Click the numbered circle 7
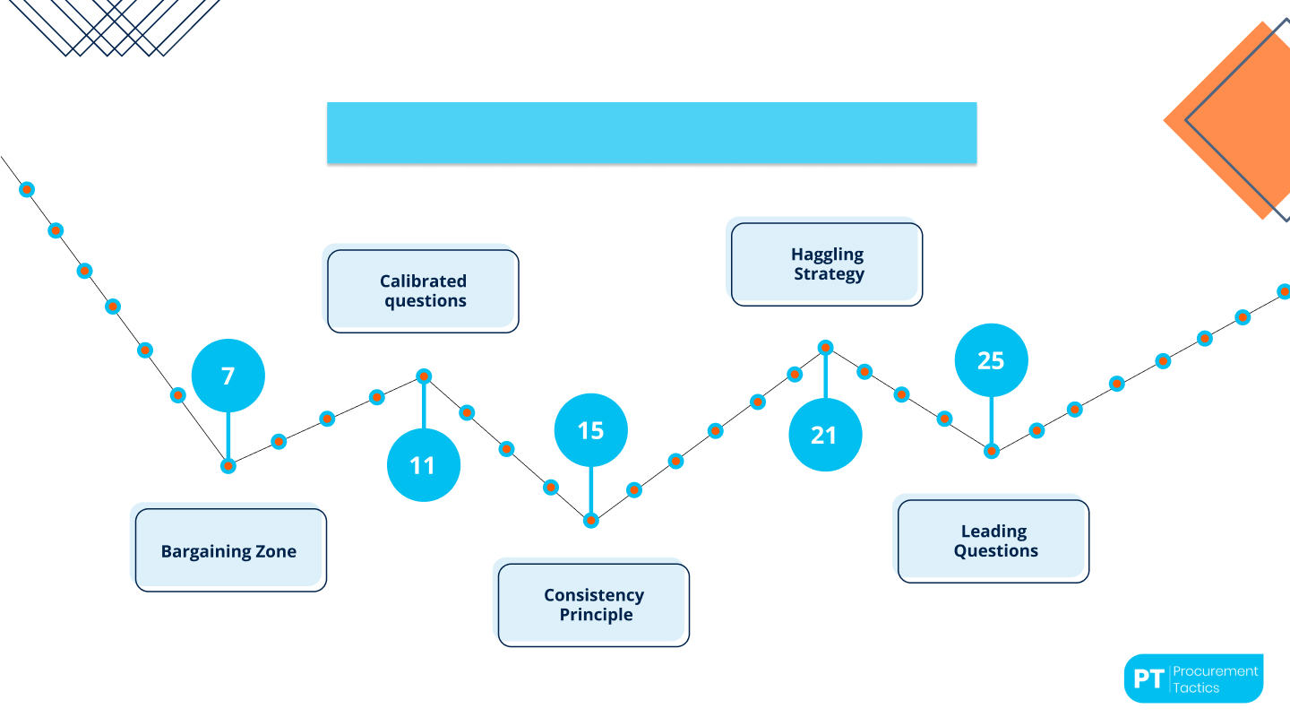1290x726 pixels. coord(228,376)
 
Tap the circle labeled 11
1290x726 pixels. coord(423,465)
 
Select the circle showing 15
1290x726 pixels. coord(591,430)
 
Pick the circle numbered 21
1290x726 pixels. coord(825,435)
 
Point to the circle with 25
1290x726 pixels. coord(991,360)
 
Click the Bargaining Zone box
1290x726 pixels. coord(230,549)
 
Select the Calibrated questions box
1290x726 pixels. coord(423,291)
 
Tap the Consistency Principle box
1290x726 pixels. coord(593,605)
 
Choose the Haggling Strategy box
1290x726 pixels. coord(826,264)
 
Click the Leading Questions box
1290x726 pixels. coord(993,541)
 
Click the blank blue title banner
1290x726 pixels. coord(652,133)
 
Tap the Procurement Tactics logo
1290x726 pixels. coord(1194,678)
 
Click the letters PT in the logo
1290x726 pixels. coord(1148,678)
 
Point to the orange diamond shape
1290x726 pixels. coord(1226,120)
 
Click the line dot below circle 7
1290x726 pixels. coord(228,465)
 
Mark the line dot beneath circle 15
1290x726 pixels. coord(591,521)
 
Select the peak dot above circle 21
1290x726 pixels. coord(825,348)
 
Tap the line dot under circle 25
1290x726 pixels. coord(991,451)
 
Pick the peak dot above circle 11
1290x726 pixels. coord(424,376)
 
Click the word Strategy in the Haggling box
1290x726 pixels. coord(829,273)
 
